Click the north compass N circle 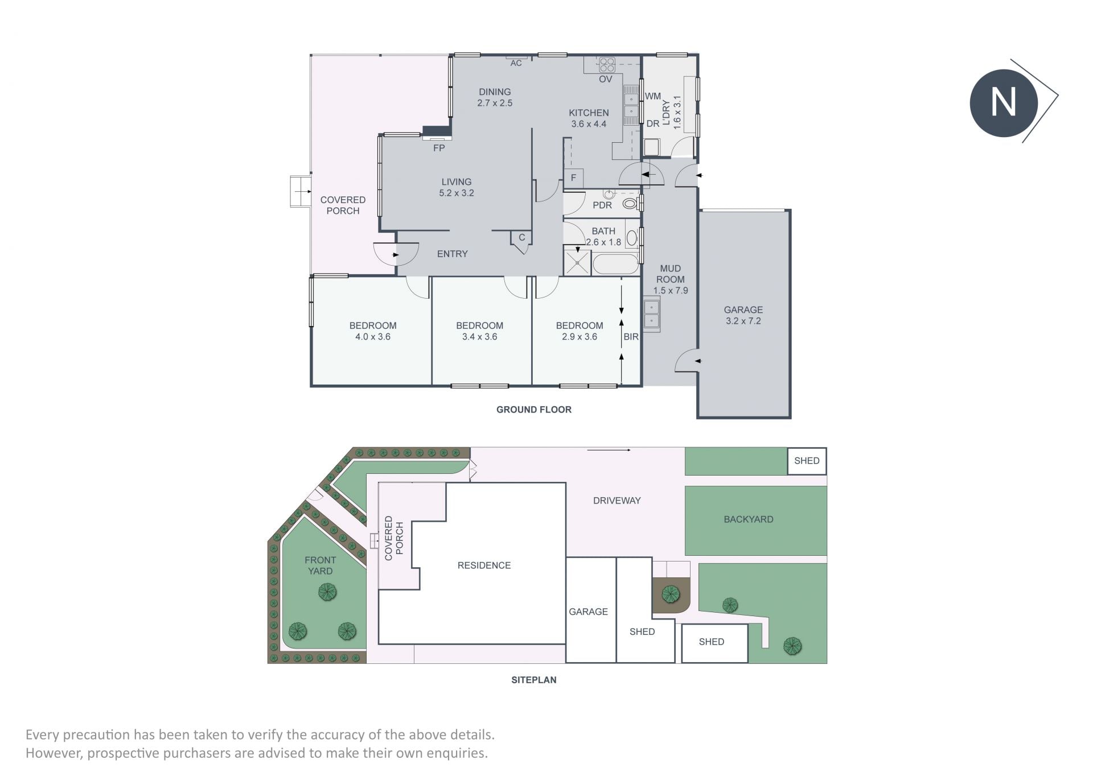click(x=1004, y=103)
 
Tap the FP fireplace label click(x=439, y=148)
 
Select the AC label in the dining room click(x=516, y=63)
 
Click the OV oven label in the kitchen click(x=605, y=79)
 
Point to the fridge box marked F click(x=573, y=178)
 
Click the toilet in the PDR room click(x=630, y=203)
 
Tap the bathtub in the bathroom click(x=615, y=265)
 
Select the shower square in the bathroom click(x=577, y=263)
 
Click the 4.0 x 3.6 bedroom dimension click(x=373, y=337)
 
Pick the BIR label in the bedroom click(x=631, y=337)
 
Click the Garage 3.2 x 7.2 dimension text click(x=743, y=321)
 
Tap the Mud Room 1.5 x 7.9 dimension click(x=671, y=291)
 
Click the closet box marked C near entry click(x=521, y=238)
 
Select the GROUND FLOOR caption click(x=534, y=410)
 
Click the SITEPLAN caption click(x=534, y=680)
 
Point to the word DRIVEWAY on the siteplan click(x=617, y=501)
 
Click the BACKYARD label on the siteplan click(x=749, y=519)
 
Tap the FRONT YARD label click(x=320, y=565)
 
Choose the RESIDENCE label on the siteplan click(x=484, y=565)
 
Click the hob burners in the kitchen click(x=607, y=64)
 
